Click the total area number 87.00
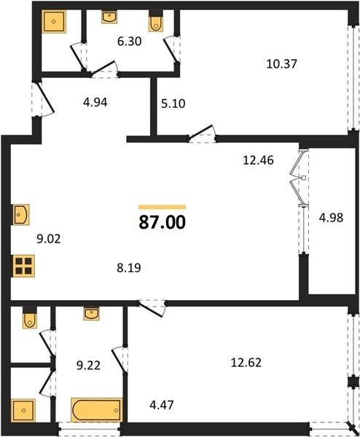click(162, 223)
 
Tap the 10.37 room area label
click(281, 64)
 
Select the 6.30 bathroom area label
click(130, 42)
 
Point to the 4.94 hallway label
click(95, 102)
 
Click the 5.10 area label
click(173, 103)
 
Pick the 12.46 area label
click(258, 160)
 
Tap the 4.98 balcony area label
click(331, 218)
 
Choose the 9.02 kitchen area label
click(49, 239)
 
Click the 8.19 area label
click(129, 268)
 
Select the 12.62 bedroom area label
click(246, 363)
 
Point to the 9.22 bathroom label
click(88, 365)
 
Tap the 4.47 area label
click(162, 405)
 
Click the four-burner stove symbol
click(24, 266)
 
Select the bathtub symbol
click(97, 409)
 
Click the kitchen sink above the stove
click(20, 215)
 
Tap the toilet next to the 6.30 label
click(156, 21)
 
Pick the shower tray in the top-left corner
click(54, 21)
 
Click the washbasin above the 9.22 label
click(91, 313)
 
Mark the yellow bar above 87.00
click(163, 207)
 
